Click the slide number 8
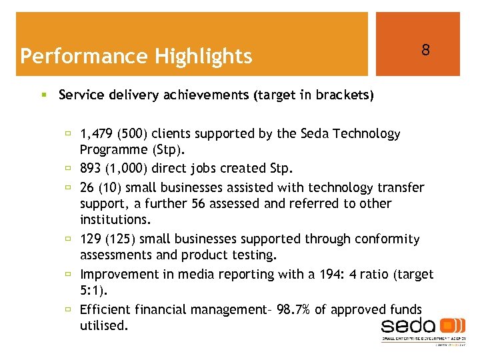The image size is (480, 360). click(425, 50)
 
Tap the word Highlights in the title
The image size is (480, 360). click(204, 56)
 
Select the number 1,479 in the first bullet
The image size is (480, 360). click(96, 134)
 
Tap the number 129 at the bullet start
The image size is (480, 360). click(91, 239)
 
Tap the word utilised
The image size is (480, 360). click(103, 325)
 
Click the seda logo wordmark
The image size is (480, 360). click(407, 326)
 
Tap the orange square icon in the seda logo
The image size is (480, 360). click(453, 325)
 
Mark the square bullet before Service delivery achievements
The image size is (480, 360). click(43, 95)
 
